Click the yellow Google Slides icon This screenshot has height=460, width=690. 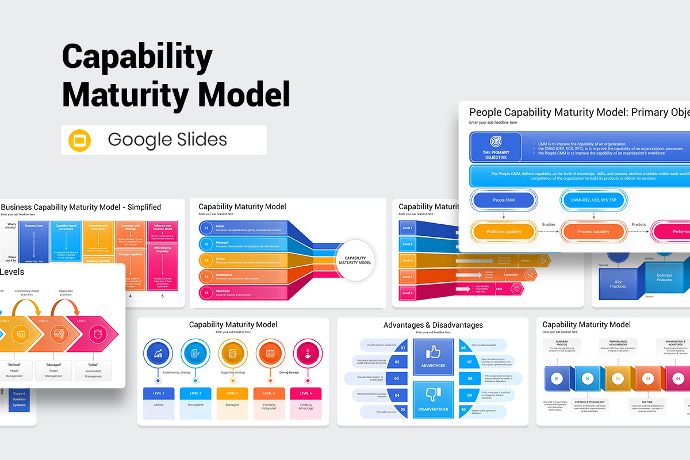80,140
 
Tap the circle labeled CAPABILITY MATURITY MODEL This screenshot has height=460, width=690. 355,260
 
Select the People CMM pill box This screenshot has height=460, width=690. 503,200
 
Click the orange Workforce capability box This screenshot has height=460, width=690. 503,232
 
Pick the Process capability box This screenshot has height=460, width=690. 593,232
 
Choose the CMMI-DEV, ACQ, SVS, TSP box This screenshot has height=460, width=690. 593,200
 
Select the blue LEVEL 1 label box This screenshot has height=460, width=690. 159,393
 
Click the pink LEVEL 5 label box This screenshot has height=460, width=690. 306,393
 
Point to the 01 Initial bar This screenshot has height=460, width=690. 243,228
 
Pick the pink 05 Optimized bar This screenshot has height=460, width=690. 243,293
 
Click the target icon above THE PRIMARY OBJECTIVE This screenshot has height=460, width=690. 496,141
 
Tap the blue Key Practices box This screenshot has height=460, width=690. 618,283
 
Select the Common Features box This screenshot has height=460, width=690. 664,277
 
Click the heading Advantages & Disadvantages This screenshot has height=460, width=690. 433,325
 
